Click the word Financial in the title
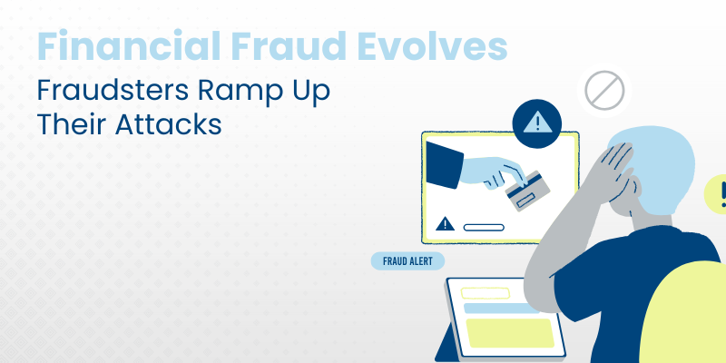[x=129, y=46]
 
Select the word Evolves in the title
[x=432, y=46]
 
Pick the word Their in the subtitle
[x=72, y=124]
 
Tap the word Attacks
[x=169, y=124]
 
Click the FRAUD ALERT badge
[x=407, y=261]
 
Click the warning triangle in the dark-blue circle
[x=537, y=123]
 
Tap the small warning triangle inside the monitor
[x=445, y=223]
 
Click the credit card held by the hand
[x=528, y=191]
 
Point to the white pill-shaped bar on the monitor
[x=484, y=228]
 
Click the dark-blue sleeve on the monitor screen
[x=444, y=165]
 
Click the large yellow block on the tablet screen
[x=510, y=333]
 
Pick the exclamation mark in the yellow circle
[x=723, y=194]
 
